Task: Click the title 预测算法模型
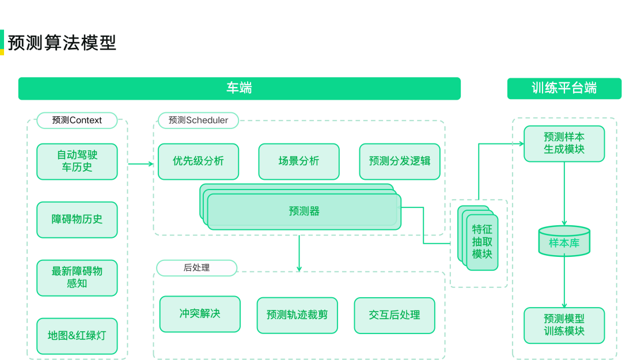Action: tap(62, 43)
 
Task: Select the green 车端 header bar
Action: tap(239, 88)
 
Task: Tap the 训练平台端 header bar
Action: tap(564, 88)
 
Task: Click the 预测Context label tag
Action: tap(77, 120)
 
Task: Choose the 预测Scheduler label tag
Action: tap(198, 120)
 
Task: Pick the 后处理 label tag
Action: tap(196, 268)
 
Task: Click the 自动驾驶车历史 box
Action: tap(77, 161)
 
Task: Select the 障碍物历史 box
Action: tap(77, 219)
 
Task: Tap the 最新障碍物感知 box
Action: tap(77, 278)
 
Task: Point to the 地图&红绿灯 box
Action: tap(77, 336)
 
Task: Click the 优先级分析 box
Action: tap(198, 161)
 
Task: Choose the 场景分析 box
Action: tap(298, 161)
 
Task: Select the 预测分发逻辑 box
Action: tap(399, 161)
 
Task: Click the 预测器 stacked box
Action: tap(304, 211)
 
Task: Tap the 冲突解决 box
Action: tap(200, 314)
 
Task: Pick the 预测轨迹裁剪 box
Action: tap(297, 315)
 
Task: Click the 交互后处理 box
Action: tap(395, 315)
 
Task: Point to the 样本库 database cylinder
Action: tap(564, 242)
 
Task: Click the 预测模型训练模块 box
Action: tap(564, 325)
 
